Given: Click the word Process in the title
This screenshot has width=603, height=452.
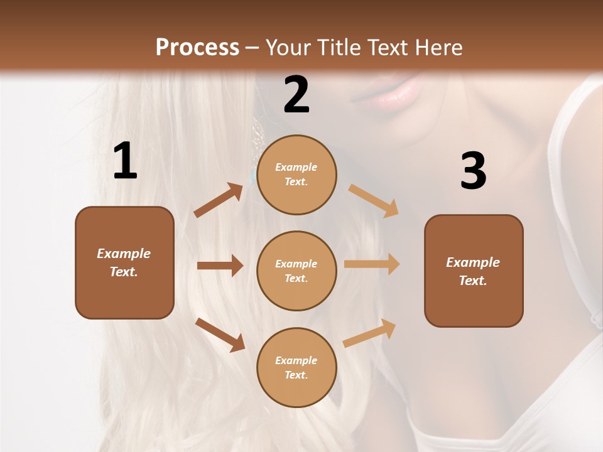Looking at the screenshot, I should click(x=197, y=47).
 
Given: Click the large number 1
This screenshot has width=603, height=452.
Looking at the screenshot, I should click(x=125, y=161).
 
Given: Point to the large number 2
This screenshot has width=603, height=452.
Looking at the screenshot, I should click(x=296, y=95).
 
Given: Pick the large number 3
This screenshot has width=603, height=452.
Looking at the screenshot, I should click(x=473, y=171).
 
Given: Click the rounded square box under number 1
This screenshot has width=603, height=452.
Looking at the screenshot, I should click(x=124, y=262).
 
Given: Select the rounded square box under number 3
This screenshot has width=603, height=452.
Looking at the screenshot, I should click(x=474, y=271).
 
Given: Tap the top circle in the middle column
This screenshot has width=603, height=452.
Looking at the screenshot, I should click(x=296, y=175).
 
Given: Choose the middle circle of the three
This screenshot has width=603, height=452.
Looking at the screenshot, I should click(x=296, y=271).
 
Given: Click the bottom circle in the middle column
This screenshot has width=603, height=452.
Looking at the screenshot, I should click(x=296, y=367).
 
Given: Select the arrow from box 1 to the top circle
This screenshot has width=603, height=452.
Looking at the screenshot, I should click(x=219, y=200).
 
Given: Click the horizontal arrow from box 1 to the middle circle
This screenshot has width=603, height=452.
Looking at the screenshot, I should click(x=220, y=266).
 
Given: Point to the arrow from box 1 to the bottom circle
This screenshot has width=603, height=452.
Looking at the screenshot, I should click(x=220, y=335).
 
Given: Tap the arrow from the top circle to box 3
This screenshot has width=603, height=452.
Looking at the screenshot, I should click(x=374, y=200).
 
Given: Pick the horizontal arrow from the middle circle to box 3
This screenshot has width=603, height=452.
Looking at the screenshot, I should click(x=372, y=264).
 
